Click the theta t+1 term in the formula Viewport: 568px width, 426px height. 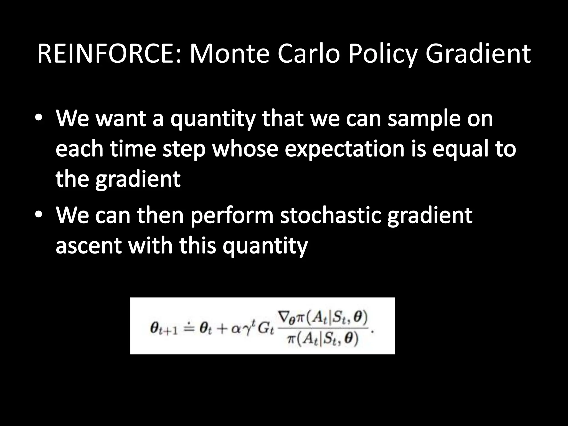coord(163,329)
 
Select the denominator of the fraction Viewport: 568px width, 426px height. coord(323,339)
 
